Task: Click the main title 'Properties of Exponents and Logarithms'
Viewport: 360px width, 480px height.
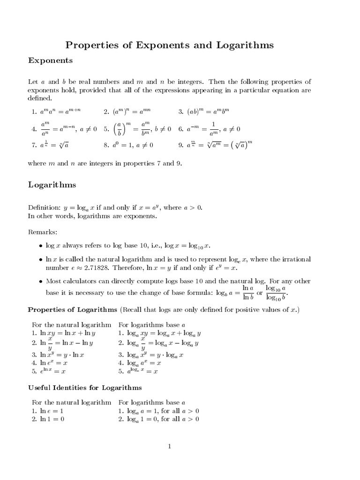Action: point(169,45)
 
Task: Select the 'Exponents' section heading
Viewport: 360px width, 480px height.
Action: point(50,60)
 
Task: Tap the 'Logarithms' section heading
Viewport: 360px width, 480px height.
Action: point(52,185)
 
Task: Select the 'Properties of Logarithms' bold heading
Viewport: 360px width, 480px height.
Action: point(72,310)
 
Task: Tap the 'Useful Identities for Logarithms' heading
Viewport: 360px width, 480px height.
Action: point(85,388)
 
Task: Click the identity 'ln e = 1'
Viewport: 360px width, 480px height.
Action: point(51,411)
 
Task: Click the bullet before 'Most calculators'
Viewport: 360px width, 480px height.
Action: point(40,281)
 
